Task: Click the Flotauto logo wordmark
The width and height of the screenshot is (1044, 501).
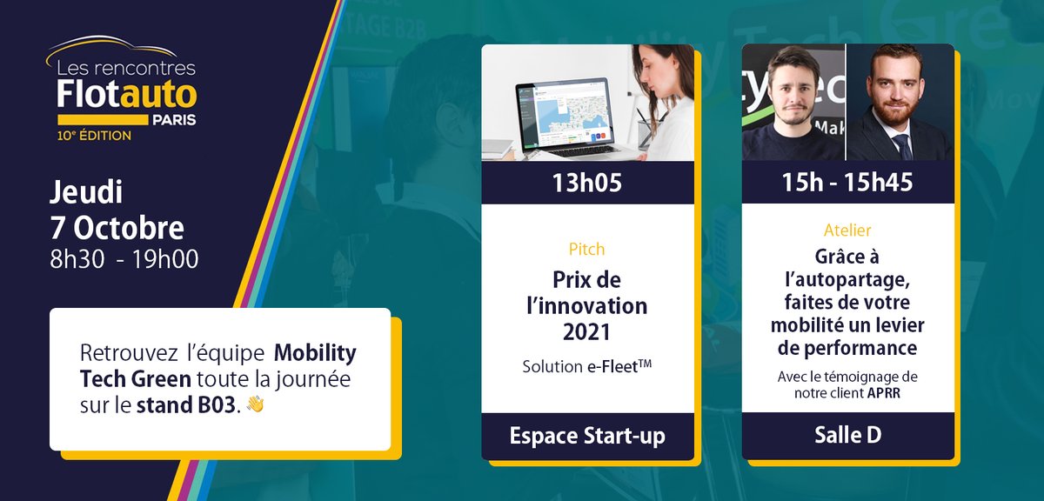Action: [126, 91]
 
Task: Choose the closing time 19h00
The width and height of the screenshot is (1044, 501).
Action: [170, 258]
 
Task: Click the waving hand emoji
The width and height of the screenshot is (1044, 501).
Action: [255, 404]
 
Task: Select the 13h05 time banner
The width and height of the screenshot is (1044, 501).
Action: [587, 183]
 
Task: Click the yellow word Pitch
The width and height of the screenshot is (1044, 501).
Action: [586, 249]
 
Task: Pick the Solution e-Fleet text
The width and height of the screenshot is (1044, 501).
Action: [587, 367]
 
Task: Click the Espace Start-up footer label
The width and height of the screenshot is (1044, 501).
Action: [587, 436]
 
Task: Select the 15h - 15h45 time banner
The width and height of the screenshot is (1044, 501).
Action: [847, 183]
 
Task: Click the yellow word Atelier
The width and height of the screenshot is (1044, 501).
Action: [847, 230]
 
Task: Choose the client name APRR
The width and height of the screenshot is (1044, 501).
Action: [884, 392]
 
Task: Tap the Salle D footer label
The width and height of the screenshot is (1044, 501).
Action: [847, 436]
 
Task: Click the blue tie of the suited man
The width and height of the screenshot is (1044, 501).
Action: [905, 147]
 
